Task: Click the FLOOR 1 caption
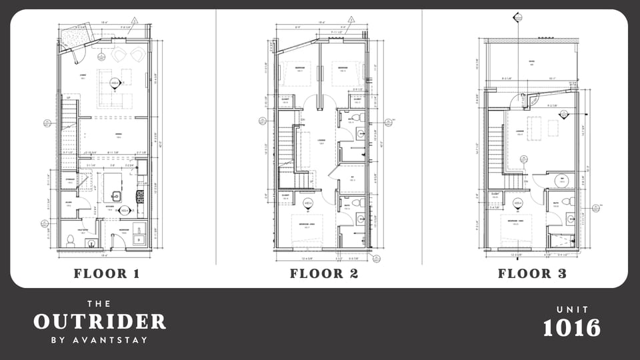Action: (107, 273)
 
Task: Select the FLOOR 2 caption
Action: (324, 273)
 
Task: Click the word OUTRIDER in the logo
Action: (99, 321)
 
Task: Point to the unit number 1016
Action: (571, 328)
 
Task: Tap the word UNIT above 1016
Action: (571, 309)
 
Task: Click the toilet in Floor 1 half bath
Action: (70, 241)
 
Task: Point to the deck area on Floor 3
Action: (531, 64)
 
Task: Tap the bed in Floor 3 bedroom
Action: (515, 230)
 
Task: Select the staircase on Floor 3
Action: (495, 150)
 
